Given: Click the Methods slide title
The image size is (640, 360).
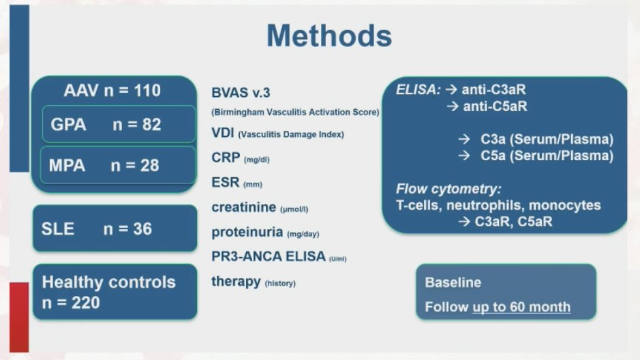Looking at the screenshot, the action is coord(329,36).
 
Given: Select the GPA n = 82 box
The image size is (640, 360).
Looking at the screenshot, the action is coord(119,124).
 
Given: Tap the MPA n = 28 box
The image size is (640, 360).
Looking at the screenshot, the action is coord(118,165).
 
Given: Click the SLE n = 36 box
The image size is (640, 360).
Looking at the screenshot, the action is coord(115,228).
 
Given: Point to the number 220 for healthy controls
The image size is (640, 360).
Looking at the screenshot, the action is coord(86,303).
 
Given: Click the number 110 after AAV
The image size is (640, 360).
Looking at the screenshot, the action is coord(147,91).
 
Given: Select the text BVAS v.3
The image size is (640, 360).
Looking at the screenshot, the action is coord(241,93).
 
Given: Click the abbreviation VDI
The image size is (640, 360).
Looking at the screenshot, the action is coord(222,133).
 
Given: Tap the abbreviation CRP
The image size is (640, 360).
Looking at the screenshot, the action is coord(226,157).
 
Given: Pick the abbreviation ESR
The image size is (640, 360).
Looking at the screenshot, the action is coord(225,182).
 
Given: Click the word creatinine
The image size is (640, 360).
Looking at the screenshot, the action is coord(244,207).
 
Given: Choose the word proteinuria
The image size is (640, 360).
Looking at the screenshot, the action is coord(247,232).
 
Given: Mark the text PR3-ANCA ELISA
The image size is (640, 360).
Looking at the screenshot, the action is coord(268,256).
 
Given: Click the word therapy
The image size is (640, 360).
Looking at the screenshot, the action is coord(236,282).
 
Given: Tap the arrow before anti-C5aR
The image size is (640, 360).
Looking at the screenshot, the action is coord(453,106).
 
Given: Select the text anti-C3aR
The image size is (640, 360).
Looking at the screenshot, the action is coord(494,90).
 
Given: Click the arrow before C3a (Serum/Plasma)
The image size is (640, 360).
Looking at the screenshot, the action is coord(463,140).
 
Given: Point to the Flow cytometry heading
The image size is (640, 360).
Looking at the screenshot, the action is coord(448,189).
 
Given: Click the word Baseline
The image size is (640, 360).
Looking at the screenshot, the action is coord(453,282).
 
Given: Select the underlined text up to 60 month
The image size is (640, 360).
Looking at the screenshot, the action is coord(521,307).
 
